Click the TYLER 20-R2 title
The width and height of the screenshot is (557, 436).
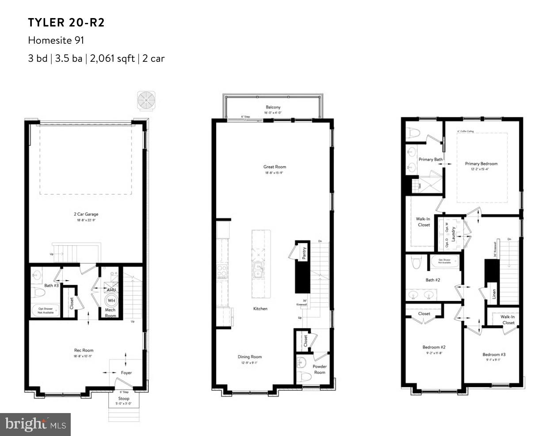coord(66,23)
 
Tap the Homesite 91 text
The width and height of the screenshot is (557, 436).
coord(56,40)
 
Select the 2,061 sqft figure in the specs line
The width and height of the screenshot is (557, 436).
coord(112,58)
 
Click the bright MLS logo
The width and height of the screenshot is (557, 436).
coord(35,425)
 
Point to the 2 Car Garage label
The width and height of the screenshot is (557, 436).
coord(86,214)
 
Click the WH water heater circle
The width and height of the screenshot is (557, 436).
coord(111,301)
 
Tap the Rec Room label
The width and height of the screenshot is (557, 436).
coord(84,350)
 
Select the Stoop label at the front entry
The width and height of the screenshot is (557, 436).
coord(124,398)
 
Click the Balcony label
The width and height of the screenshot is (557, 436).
coord(273,107)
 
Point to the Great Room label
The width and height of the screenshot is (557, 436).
coord(275,167)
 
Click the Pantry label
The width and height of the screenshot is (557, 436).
coord(304,254)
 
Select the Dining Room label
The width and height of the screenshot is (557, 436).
coord(250,357)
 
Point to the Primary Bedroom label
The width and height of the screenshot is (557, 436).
coord(481,164)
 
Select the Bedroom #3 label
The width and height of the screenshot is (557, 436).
coord(494,354)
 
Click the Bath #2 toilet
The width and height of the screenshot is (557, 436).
coord(416,262)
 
